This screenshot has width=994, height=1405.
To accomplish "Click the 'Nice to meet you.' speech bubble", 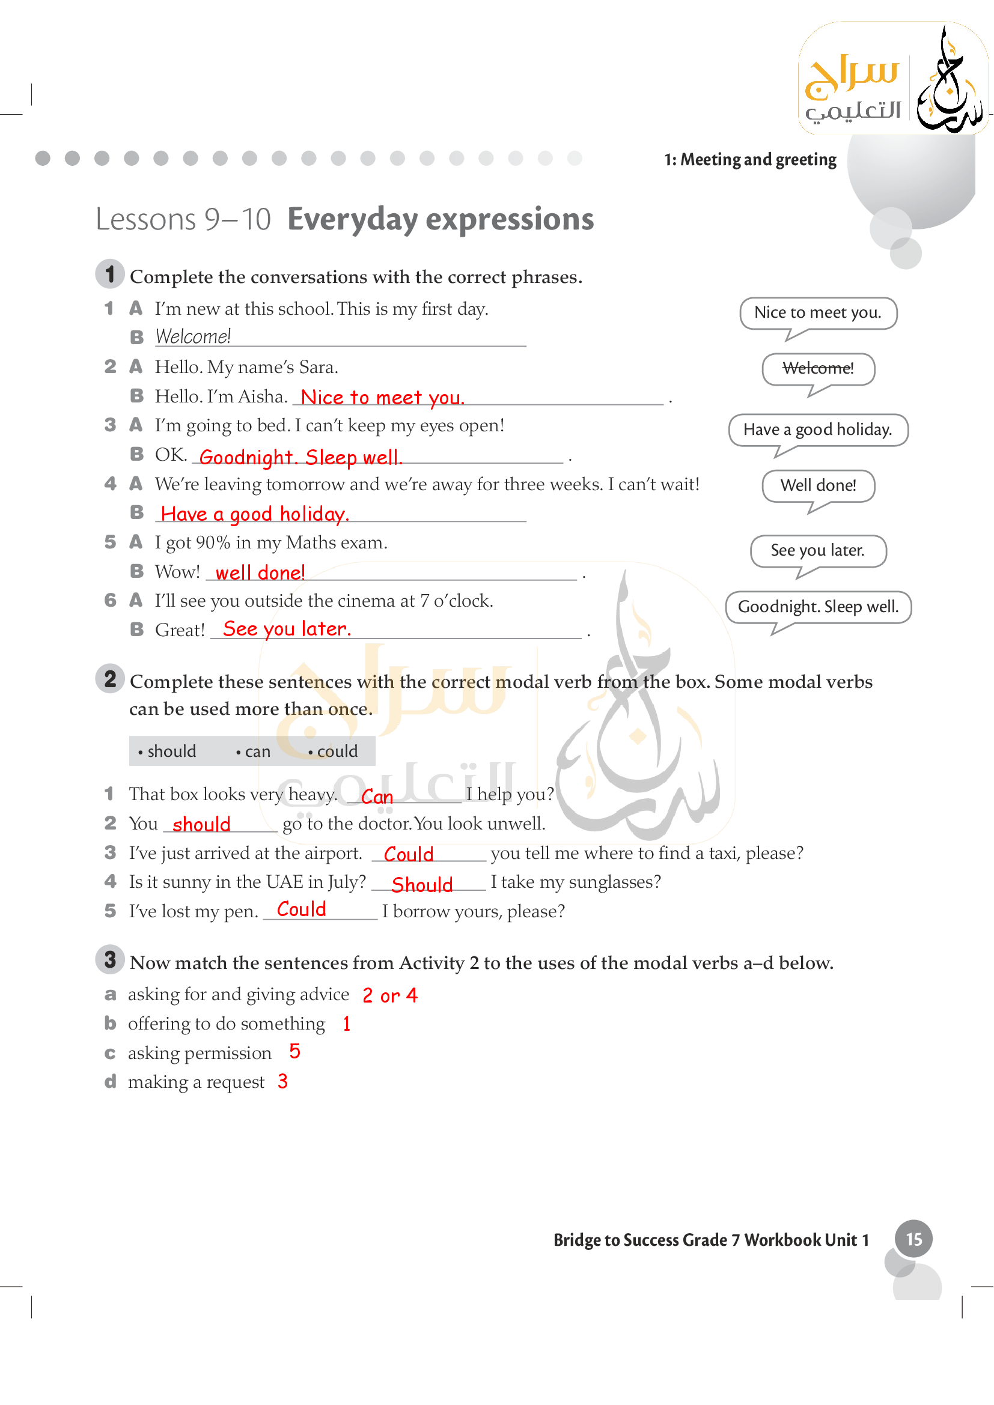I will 818,313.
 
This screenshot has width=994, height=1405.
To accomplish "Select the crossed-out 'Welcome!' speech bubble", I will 818,368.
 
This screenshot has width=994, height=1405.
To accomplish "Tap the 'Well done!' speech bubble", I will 818,486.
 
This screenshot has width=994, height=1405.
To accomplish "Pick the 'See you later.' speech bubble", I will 818,551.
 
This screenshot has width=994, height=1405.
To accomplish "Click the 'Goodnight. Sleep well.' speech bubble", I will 818,607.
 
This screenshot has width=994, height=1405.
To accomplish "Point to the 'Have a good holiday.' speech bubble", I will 818,429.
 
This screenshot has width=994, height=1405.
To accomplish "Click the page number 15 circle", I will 913,1239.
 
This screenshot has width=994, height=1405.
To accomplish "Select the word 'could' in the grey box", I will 337,751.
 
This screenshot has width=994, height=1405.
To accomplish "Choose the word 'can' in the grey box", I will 257,751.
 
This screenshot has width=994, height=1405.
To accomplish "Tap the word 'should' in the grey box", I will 171,751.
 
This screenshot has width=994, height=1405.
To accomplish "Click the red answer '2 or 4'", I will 390,995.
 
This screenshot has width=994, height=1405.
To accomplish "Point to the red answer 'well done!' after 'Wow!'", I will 260,573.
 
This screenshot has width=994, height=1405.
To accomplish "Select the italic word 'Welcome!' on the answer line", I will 193,336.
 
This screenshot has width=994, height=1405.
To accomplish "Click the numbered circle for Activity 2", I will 110,679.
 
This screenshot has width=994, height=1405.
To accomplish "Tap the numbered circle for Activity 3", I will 110,959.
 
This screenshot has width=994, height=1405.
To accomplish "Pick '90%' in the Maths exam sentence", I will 213,543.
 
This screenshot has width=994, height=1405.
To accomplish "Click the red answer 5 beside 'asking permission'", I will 294,1052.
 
